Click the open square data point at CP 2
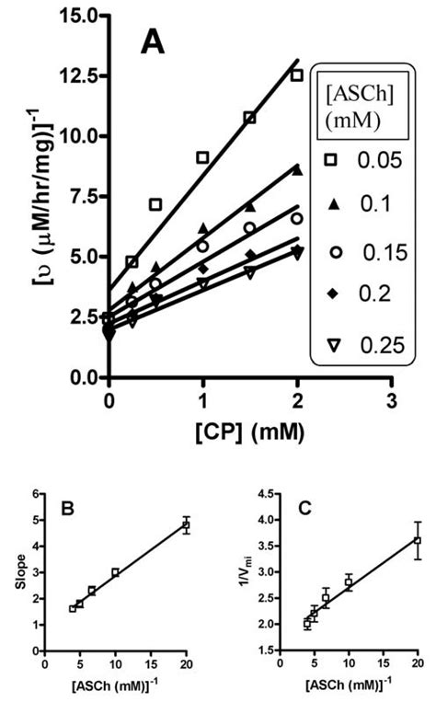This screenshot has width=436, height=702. coord(296,75)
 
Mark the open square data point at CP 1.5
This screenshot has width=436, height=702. coord(249,118)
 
